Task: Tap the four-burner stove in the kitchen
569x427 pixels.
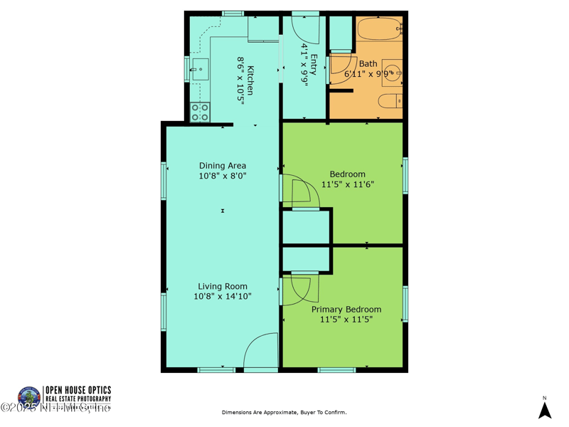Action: point(200,112)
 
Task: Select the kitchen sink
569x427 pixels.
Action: point(199,70)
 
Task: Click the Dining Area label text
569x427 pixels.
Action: point(223,166)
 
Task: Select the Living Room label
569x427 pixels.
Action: point(223,287)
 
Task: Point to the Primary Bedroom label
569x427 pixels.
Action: point(346,310)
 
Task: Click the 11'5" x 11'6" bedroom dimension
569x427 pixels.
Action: point(347,184)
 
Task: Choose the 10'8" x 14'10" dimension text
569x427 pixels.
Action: point(223,297)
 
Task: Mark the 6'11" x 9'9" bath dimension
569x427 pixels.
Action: point(367,73)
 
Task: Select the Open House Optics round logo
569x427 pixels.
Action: point(29,398)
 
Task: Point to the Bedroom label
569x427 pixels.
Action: point(347,174)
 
